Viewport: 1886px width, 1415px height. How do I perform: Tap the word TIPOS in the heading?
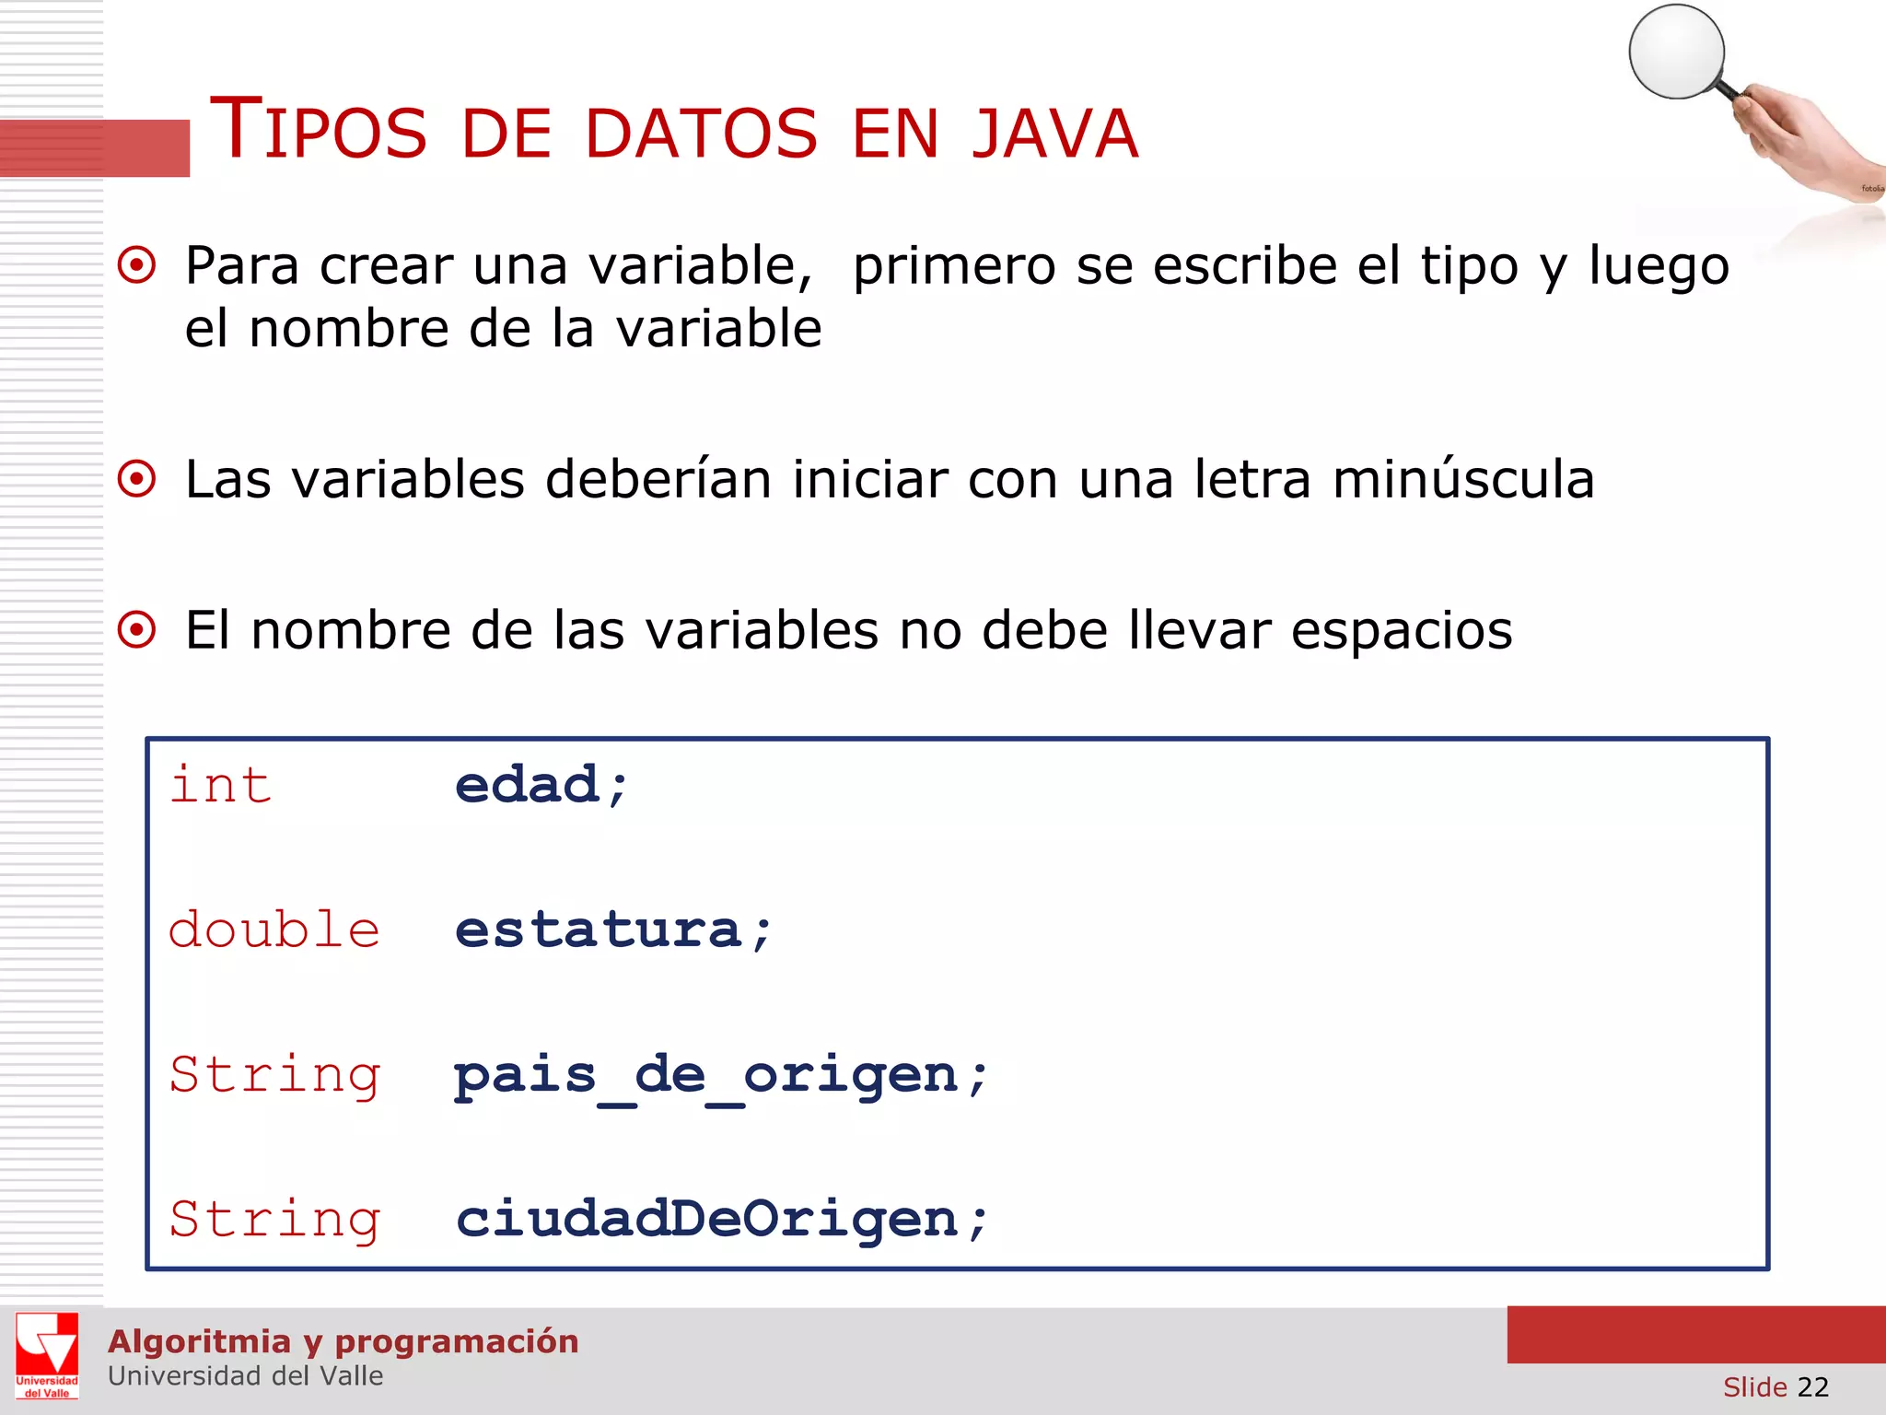319,131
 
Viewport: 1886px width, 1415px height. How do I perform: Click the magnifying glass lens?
1676,52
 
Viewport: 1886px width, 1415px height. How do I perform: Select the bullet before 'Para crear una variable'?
137,266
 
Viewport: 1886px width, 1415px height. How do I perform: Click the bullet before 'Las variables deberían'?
137,479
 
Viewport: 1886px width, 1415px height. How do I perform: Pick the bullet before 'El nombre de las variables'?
137,630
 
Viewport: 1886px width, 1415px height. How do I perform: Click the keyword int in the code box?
221,786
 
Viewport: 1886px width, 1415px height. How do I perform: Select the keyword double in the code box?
274,930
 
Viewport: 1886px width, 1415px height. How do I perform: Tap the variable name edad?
528,786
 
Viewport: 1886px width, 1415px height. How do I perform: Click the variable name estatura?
599,930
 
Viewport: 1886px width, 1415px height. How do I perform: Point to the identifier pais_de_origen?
706,1076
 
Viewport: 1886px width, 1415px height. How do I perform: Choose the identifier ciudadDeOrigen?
707,1220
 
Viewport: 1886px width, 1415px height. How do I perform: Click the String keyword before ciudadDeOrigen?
274,1220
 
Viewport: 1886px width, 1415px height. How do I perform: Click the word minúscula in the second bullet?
1463,479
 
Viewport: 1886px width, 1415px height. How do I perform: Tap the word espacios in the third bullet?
1402,631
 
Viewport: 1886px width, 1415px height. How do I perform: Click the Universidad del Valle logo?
47,1355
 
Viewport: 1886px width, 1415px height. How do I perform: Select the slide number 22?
1812,1386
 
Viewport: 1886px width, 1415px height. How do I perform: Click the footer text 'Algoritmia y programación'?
343,1341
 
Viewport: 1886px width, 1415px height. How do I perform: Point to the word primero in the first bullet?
954,266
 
